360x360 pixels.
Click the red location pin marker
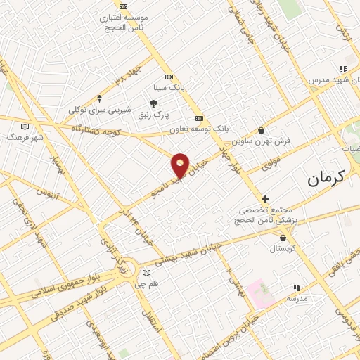(x=181, y=165)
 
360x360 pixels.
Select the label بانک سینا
(x=169, y=88)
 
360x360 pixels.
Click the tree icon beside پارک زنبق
(x=153, y=104)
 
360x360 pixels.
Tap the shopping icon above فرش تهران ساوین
(x=262, y=129)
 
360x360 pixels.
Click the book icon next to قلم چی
(x=146, y=273)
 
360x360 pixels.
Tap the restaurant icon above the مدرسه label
(x=297, y=287)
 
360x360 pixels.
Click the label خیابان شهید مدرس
(x=333, y=80)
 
